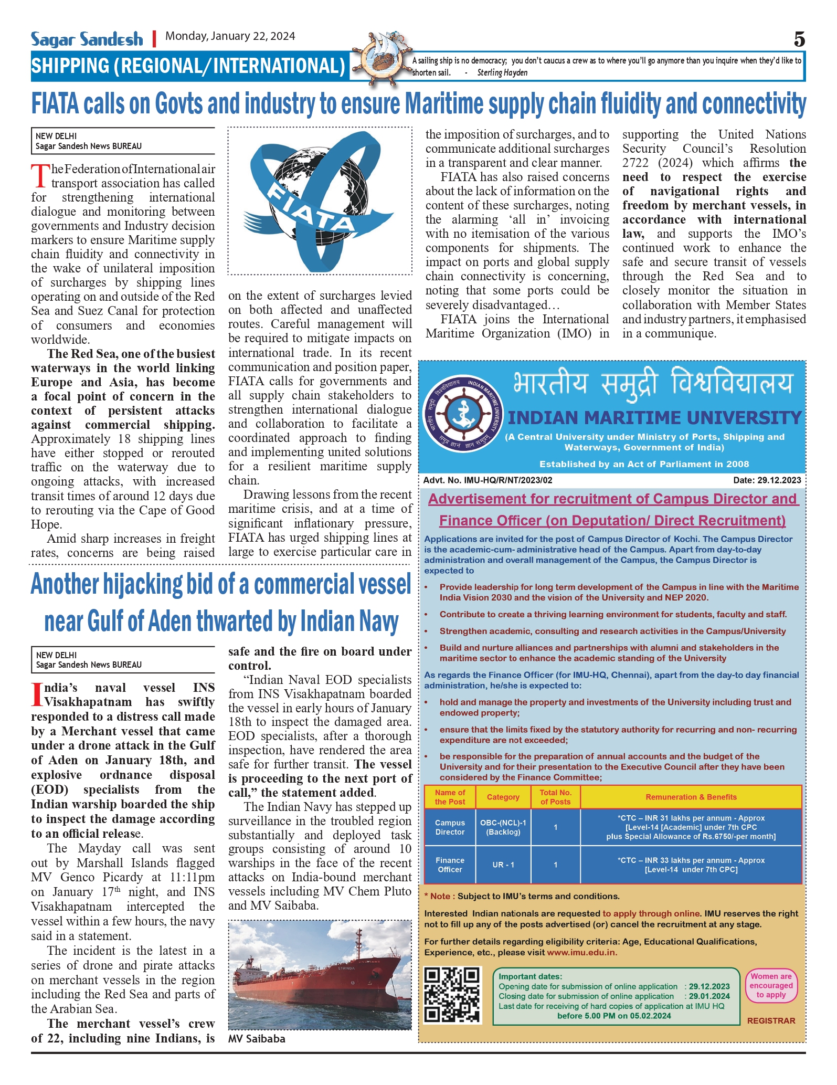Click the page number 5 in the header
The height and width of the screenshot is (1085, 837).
(799, 39)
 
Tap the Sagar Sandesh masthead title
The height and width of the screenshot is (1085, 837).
(87, 39)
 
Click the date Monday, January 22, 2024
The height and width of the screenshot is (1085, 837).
(230, 36)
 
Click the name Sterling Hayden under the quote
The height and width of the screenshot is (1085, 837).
(502, 73)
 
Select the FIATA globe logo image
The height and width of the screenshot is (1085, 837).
(320, 201)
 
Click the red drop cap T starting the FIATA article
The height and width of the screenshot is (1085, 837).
(40, 175)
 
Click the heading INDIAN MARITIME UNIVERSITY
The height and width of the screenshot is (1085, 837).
(654, 418)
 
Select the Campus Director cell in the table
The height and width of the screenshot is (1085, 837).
(450, 827)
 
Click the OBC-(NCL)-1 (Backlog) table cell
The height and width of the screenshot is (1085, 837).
(503, 827)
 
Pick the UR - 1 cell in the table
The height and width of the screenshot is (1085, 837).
(503, 865)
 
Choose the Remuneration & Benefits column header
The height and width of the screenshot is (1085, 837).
(691, 797)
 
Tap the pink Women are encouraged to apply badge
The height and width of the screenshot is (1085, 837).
(770, 985)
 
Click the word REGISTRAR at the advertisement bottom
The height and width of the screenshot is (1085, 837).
(771, 1020)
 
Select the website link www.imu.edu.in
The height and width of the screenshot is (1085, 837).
(581, 952)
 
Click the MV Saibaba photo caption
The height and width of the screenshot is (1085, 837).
(257, 1039)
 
